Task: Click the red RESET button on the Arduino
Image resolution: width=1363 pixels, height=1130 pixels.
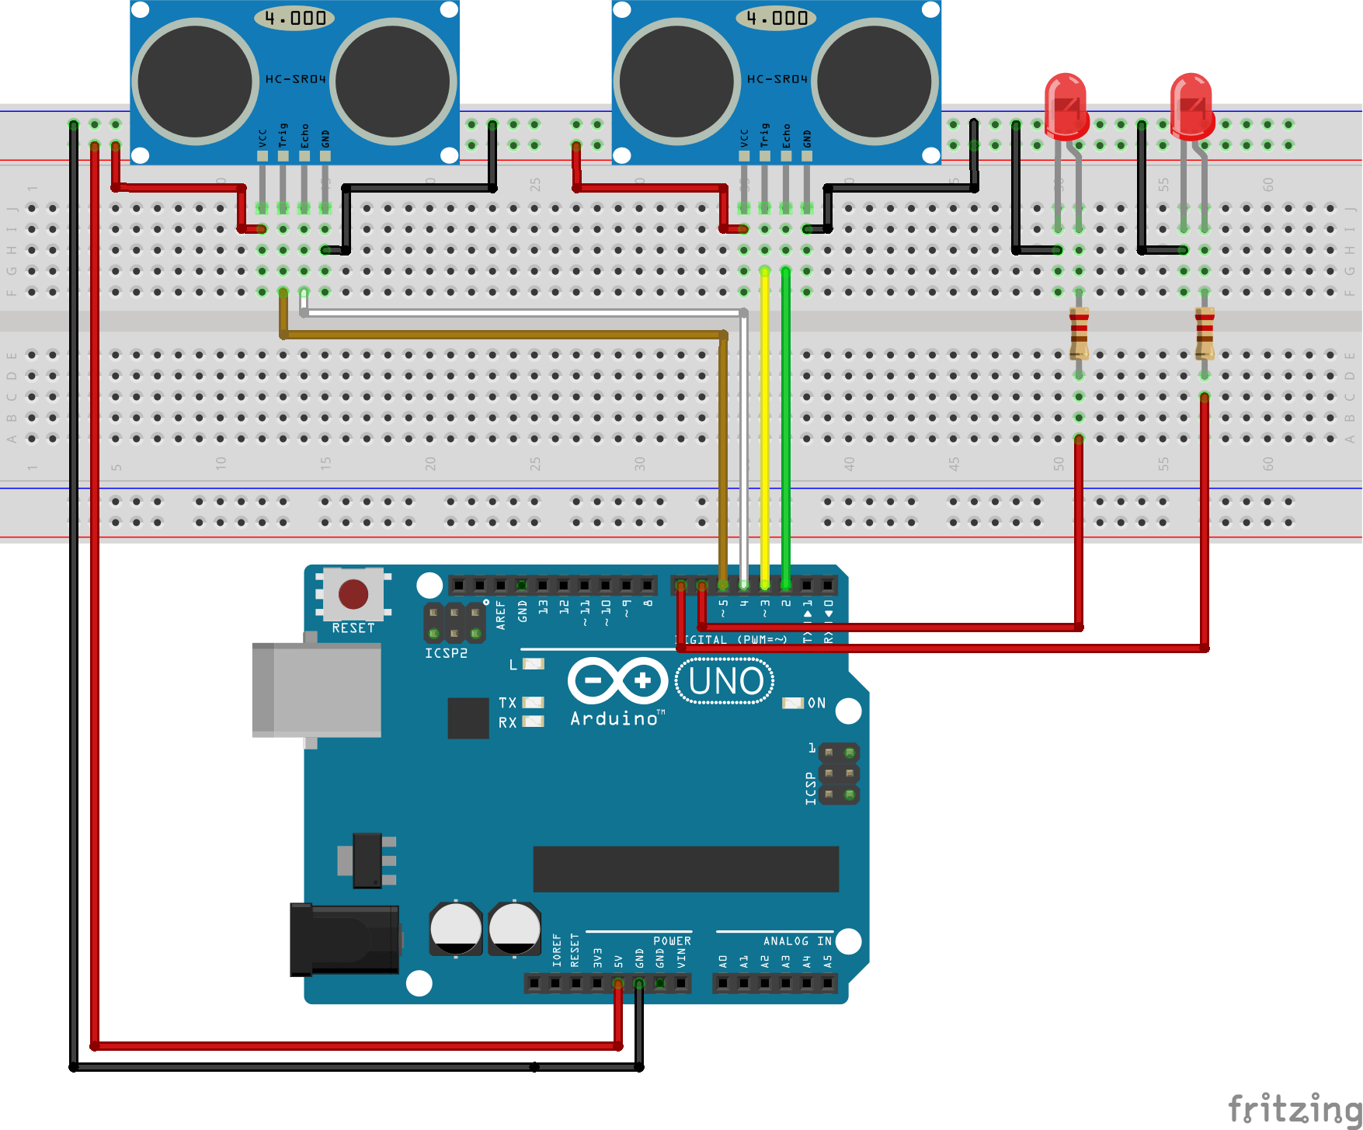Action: tap(353, 594)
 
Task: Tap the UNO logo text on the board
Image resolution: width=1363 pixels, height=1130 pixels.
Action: tap(725, 681)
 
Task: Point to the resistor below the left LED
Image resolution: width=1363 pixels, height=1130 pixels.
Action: tap(1079, 332)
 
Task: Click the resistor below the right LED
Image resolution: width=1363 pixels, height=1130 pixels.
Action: tap(1205, 332)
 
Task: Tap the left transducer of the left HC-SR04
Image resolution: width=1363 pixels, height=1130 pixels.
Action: tap(195, 82)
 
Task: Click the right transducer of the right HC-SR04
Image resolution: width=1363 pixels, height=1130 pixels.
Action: tap(874, 82)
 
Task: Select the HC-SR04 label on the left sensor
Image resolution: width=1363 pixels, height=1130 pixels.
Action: tap(295, 79)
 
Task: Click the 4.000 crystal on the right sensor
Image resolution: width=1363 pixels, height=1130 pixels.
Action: tap(776, 18)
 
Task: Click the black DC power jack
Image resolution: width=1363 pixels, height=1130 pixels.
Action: tap(345, 939)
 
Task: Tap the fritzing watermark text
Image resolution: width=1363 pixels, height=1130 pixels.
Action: tap(1294, 1107)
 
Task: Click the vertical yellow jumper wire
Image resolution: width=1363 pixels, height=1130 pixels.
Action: tap(765, 427)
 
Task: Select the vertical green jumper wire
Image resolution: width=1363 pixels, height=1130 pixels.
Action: tap(786, 427)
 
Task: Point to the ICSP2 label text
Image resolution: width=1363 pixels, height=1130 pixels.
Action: tap(446, 653)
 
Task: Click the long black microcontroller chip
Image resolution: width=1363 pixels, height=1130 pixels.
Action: tap(686, 869)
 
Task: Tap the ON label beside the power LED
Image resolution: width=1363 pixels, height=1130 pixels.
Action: tap(816, 703)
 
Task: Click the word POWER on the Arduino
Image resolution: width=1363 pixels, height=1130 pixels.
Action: tap(672, 941)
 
